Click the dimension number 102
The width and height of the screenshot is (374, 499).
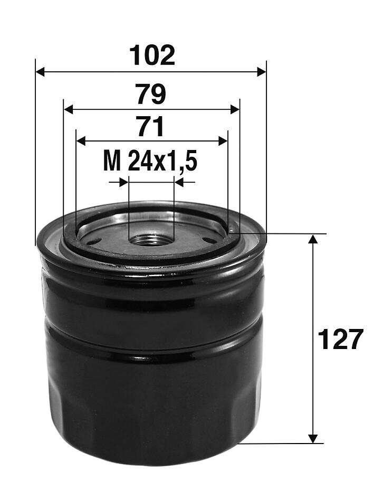pos(153,55)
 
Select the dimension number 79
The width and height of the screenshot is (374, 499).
pos(151,94)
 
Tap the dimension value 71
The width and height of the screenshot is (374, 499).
pos(150,127)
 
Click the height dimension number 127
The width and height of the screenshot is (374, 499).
pos(340,339)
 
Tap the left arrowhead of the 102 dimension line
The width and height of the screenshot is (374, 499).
pos(40,72)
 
